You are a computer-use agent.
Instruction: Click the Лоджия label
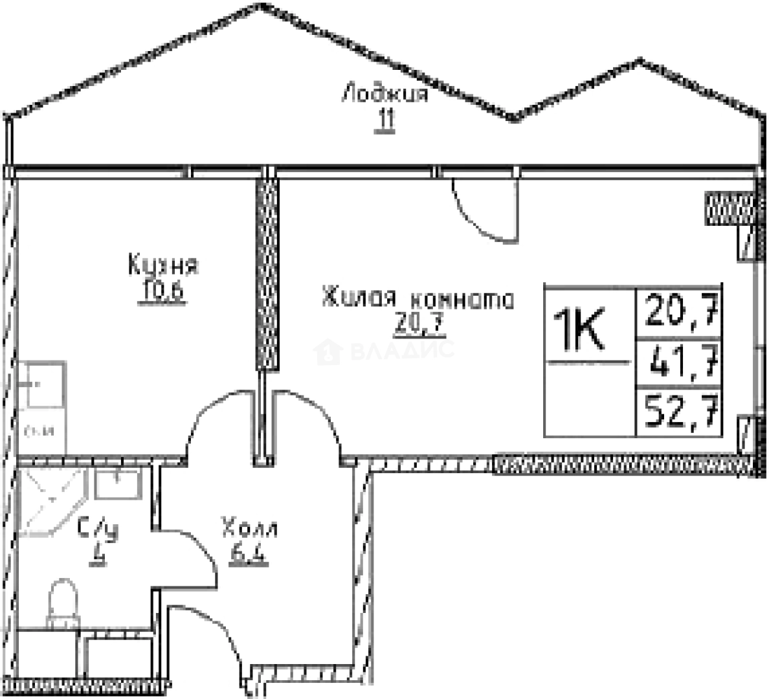[x=385, y=94]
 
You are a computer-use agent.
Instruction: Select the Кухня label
[x=163, y=265]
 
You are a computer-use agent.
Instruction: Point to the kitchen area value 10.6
[x=161, y=293]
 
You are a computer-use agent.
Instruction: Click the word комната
[x=462, y=300]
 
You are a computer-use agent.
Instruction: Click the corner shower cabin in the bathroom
[x=49, y=502]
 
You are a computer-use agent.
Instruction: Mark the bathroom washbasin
[x=117, y=485]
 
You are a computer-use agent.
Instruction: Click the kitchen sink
[x=41, y=384]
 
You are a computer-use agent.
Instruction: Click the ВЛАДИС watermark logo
[x=384, y=351]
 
